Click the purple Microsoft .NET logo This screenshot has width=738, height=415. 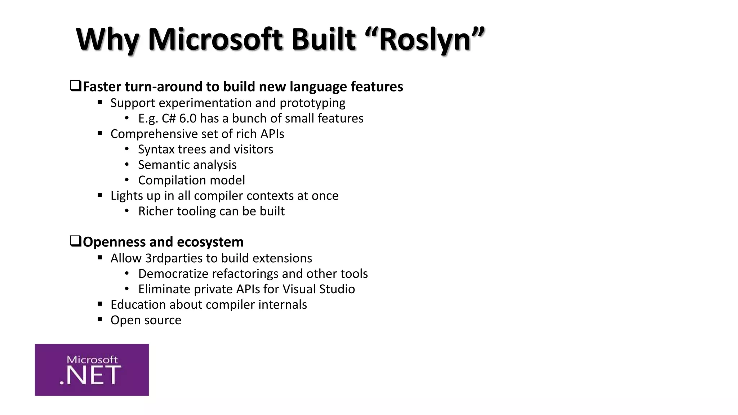(92, 370)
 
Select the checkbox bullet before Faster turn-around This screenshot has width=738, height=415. (75, 86)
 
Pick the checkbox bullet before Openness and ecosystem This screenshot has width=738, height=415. (75, 241)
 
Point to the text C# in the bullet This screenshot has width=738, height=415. (168, 119)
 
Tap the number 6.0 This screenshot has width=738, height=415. (188, 119)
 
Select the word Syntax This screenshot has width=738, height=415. (154, 150)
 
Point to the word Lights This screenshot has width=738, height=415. (125, 196)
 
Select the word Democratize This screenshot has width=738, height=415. (173, 274)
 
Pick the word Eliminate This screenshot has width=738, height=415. (164, 289)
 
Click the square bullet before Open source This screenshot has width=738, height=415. (100, 319)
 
